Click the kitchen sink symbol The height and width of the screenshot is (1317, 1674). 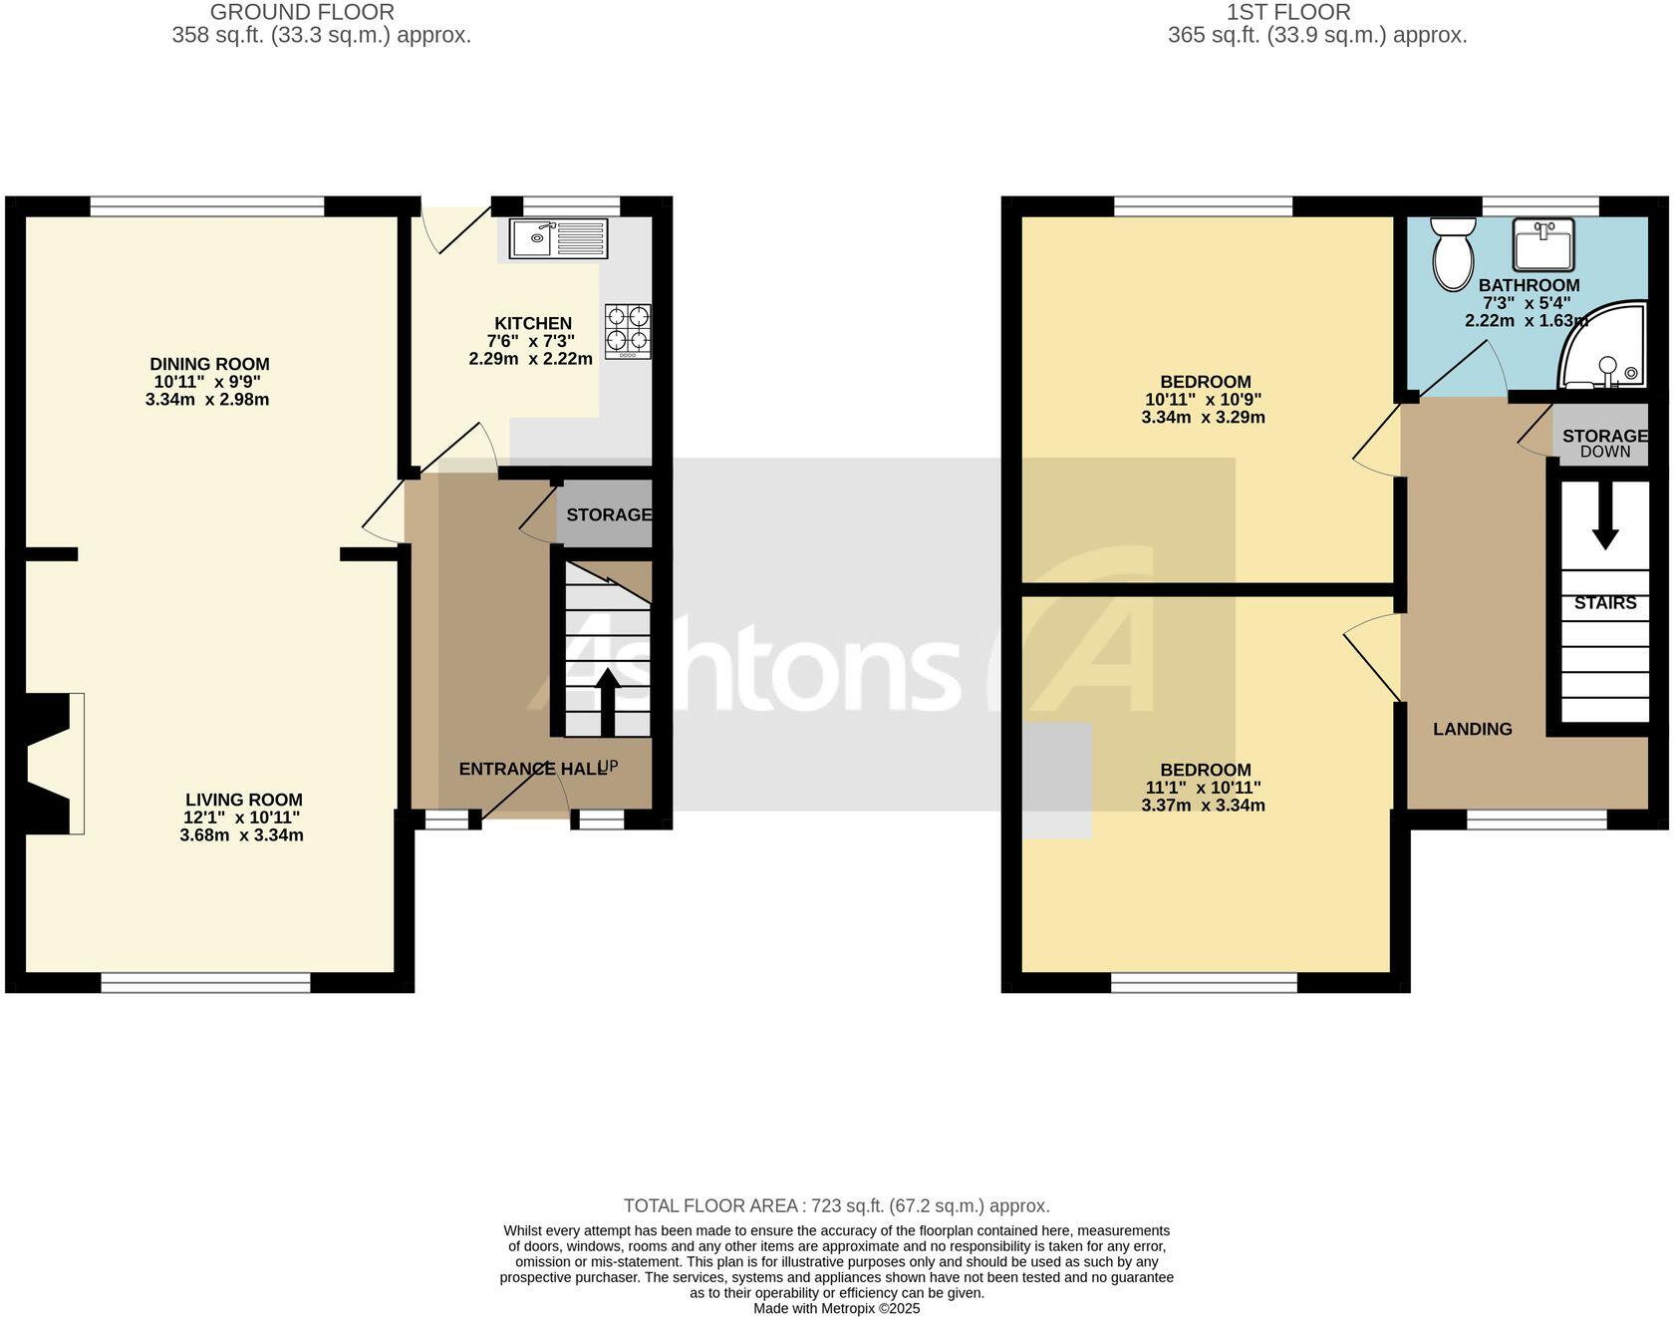click(558, 238)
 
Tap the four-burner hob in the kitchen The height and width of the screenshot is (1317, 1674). click(628, 331)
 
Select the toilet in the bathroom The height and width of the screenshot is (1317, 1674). click(1453, 255)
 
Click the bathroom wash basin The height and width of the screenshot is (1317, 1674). click(1542, 244)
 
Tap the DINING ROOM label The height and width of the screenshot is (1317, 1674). click(209, 364)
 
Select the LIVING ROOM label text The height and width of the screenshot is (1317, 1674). click(243, 800)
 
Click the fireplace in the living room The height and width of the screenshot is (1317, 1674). click(50, 763)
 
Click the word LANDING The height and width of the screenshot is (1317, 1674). click(1472, 729)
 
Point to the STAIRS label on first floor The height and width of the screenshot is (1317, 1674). click(1605, 603)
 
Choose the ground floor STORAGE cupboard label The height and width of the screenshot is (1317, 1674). click(608, 514)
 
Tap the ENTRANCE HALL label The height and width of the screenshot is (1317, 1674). click(532, 769)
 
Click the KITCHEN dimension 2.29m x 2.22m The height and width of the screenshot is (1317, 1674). click(530, 359)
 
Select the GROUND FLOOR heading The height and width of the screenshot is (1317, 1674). click(302, 13)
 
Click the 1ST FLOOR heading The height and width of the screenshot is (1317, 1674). click(1287, 13)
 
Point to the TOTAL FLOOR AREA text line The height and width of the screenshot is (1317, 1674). click(836, 1206)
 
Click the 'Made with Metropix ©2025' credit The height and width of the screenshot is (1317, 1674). click(836, 1308)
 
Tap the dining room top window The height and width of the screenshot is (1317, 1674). click(207, 206)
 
